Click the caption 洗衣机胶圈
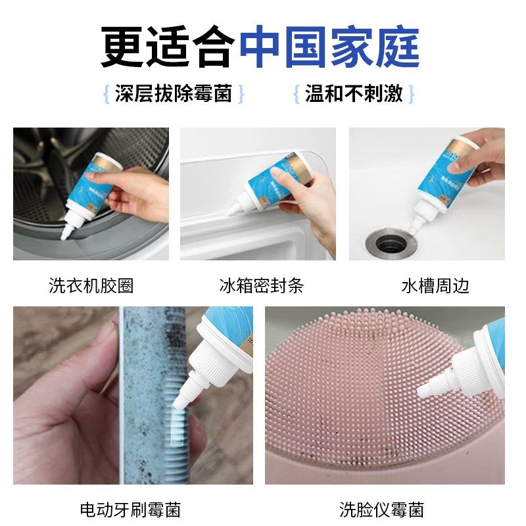[91, 286]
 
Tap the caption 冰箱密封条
[261, 286]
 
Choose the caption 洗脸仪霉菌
[381, 509]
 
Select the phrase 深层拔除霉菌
[174, 93]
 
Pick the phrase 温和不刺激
[354, 93]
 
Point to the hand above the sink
[483, 158]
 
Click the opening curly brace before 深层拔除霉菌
[106, 93]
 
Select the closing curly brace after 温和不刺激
[412, 93]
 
